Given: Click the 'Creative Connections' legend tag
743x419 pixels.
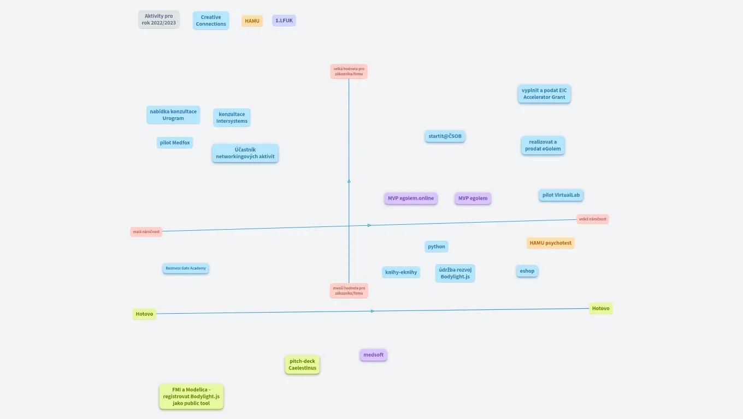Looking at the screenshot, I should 211,21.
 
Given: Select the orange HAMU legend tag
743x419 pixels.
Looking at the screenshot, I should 252,21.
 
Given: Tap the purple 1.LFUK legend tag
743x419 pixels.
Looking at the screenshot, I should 284,21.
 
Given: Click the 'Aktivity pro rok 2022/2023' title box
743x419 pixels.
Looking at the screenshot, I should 158,20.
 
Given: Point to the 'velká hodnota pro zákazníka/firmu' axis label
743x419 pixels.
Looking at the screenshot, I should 349,71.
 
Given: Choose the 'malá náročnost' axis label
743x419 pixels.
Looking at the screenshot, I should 146,232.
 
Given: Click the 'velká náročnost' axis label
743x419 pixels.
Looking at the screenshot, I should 592,219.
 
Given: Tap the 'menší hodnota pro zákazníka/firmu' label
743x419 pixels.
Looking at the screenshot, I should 349,291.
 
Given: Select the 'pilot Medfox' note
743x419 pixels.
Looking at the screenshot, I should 175,143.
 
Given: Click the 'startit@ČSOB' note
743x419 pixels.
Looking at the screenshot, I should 445,136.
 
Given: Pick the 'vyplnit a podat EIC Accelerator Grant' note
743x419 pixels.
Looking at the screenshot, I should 544,94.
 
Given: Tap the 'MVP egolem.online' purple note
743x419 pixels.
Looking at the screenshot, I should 411,198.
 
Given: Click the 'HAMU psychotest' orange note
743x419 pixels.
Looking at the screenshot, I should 550,243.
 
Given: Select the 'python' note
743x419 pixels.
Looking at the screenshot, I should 437,247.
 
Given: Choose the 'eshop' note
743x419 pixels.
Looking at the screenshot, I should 527,271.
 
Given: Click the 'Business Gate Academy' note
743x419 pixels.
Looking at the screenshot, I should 186,268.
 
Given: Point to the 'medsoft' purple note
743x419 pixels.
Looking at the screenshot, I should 373,355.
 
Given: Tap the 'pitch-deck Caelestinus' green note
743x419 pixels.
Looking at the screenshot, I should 302,365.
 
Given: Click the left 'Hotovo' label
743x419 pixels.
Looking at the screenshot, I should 144,314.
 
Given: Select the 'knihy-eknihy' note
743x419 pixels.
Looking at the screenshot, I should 401,272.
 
